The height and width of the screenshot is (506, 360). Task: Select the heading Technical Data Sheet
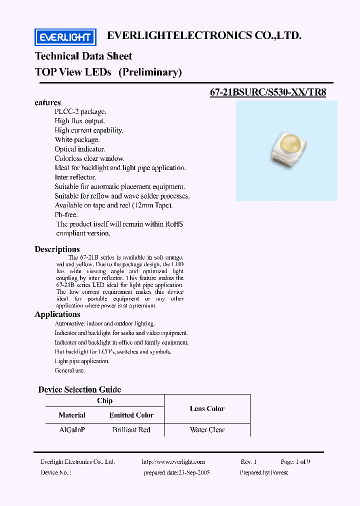(x=83, y=56)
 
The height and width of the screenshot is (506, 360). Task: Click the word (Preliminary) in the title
(x=150, y=72)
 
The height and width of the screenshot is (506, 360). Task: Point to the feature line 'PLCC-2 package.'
(x=80, y=111)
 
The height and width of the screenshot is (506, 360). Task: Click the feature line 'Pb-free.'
(x=66, y=214)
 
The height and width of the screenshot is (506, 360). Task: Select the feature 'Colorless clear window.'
(x=89, y=158)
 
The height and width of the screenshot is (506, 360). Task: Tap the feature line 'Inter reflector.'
(x=75, y=177)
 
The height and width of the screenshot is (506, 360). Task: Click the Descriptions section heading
(x=57, y=249)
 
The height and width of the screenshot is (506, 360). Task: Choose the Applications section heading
(x=57, y=314)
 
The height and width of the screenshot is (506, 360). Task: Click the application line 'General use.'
(x=69, y=370)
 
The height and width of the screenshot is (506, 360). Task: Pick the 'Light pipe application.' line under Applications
(x=81, y=361)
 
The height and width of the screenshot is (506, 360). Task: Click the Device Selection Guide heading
(x=79, y=389)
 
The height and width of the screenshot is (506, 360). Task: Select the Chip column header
(x=104, y=400)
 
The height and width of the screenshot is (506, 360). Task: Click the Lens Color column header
(x=207, y=408)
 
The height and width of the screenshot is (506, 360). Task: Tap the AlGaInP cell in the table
(x=72, y=429)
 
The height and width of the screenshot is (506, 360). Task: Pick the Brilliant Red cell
(x=131, y=429)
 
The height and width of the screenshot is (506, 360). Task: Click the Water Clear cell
(x=207, y=429)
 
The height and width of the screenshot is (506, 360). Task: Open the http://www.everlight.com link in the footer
(x=173, y=462)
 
